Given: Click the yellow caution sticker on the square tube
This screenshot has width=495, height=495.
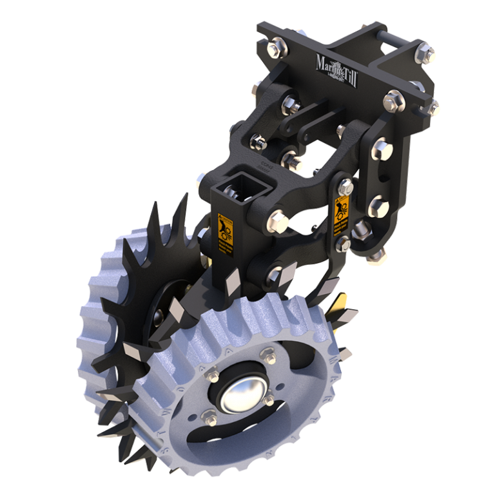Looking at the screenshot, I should click(x=224, y=232).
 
